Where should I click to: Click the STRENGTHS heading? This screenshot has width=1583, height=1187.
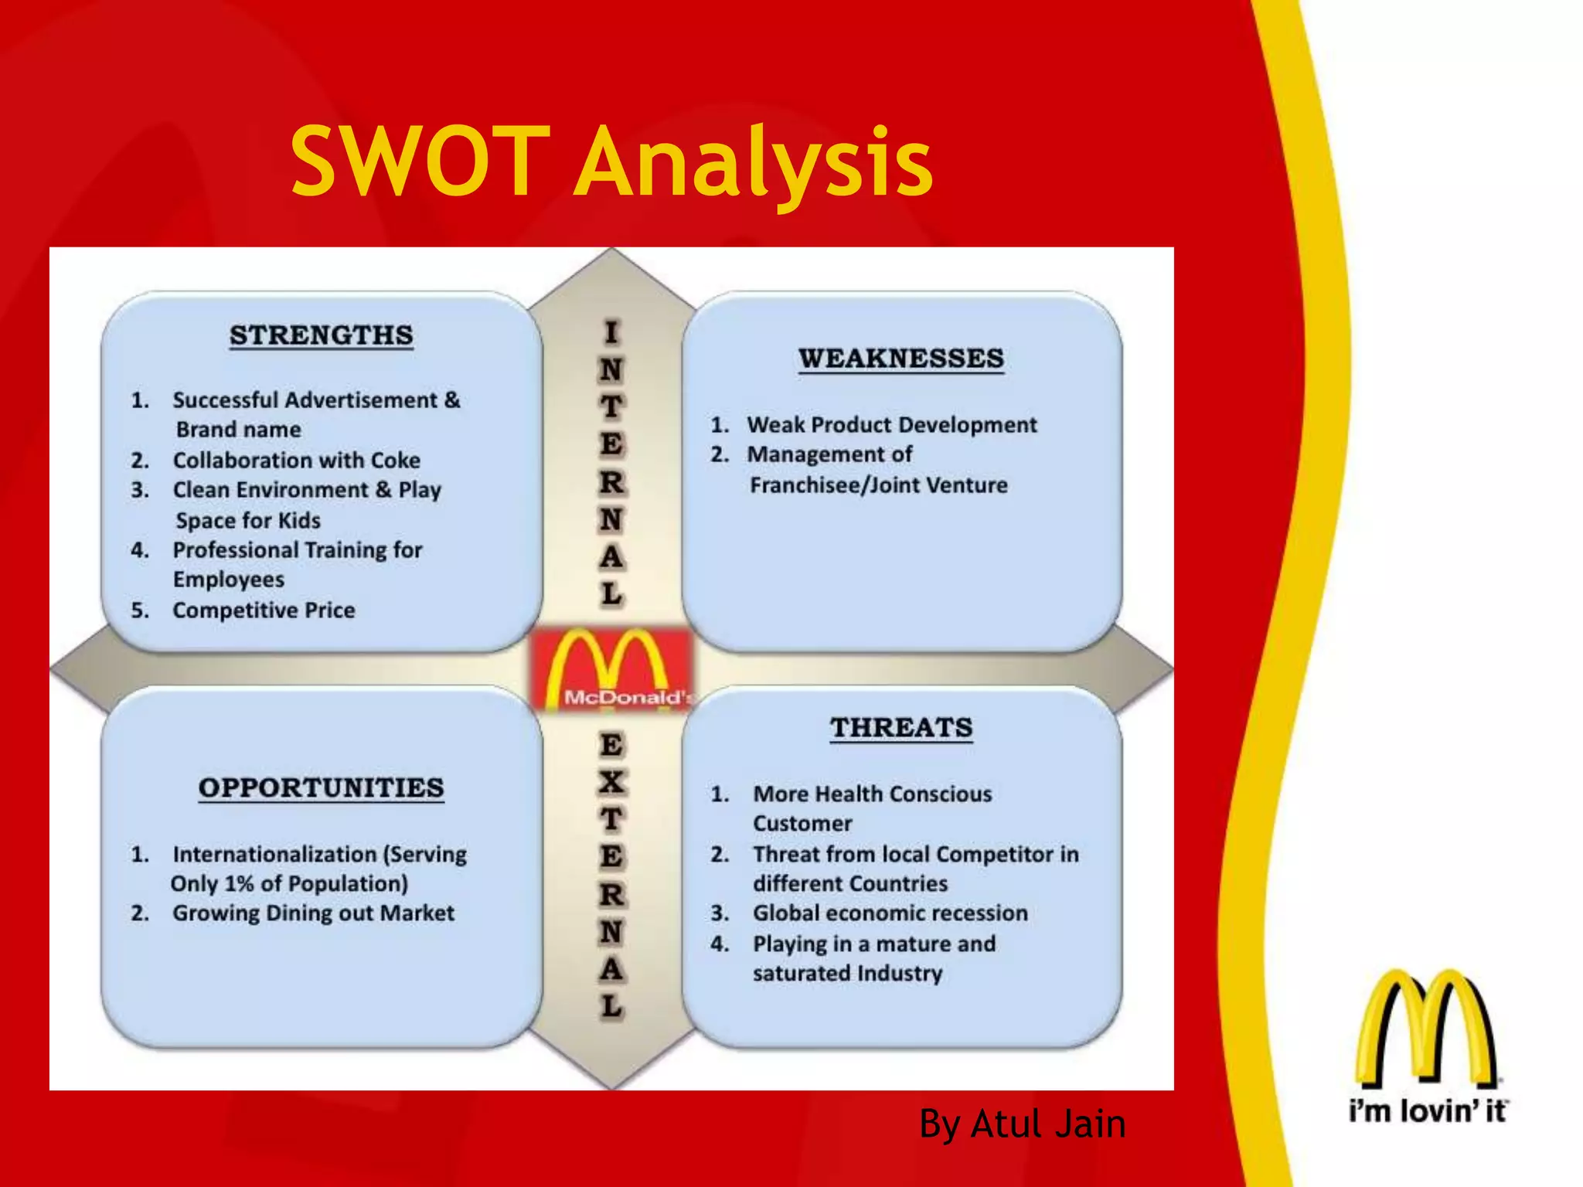click(321, 336)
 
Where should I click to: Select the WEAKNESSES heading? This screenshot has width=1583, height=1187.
click(901, 359)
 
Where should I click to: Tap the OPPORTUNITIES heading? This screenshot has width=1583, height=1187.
click(321, 788)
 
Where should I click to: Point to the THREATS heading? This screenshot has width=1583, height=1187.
click(901, 728)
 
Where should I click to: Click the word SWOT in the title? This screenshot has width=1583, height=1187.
click(421, 162)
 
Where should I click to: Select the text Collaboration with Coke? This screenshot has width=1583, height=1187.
click(296, 461)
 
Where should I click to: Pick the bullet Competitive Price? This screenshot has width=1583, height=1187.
click(264, 611)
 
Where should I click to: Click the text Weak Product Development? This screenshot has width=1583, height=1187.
click(891, 425)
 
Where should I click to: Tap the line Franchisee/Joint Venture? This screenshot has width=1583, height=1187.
click(878, 485)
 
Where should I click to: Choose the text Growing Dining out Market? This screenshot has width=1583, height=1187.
click(313, 913)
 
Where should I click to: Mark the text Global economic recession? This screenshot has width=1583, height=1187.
click(890, 913)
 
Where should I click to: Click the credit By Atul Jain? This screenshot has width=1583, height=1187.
click(1022, 1124)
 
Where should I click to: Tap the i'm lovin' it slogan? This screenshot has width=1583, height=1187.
click(1427, 1111)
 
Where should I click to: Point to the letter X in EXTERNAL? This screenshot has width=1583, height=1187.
click(611, 783)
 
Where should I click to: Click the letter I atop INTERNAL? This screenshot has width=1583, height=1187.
click(611, 332)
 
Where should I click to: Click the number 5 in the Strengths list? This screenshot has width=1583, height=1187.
click(139, 611)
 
